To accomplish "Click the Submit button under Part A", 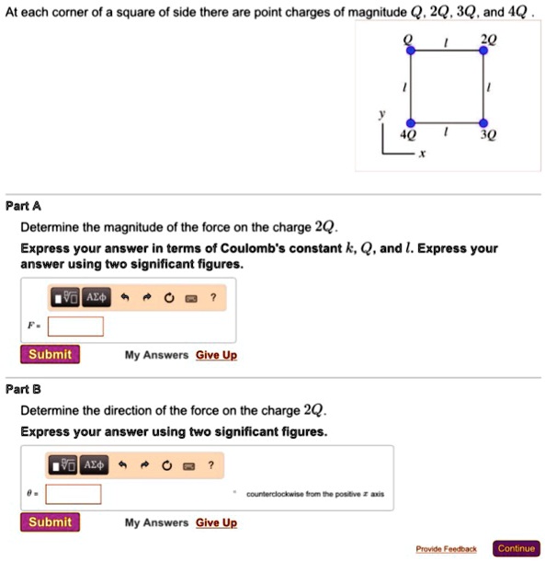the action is [51, 355].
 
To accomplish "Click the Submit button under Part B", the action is [51, 522].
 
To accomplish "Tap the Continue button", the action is [516, 548].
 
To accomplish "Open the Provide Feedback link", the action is [446, 549].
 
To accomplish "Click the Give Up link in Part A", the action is [216, 355].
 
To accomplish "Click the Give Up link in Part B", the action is [216, 523].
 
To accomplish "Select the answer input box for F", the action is [75, 326].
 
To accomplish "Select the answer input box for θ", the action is [74, 494].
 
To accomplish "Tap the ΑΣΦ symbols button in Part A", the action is [97, 297].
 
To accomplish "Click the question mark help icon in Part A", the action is [212, 297].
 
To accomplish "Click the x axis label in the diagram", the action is [422, 155].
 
